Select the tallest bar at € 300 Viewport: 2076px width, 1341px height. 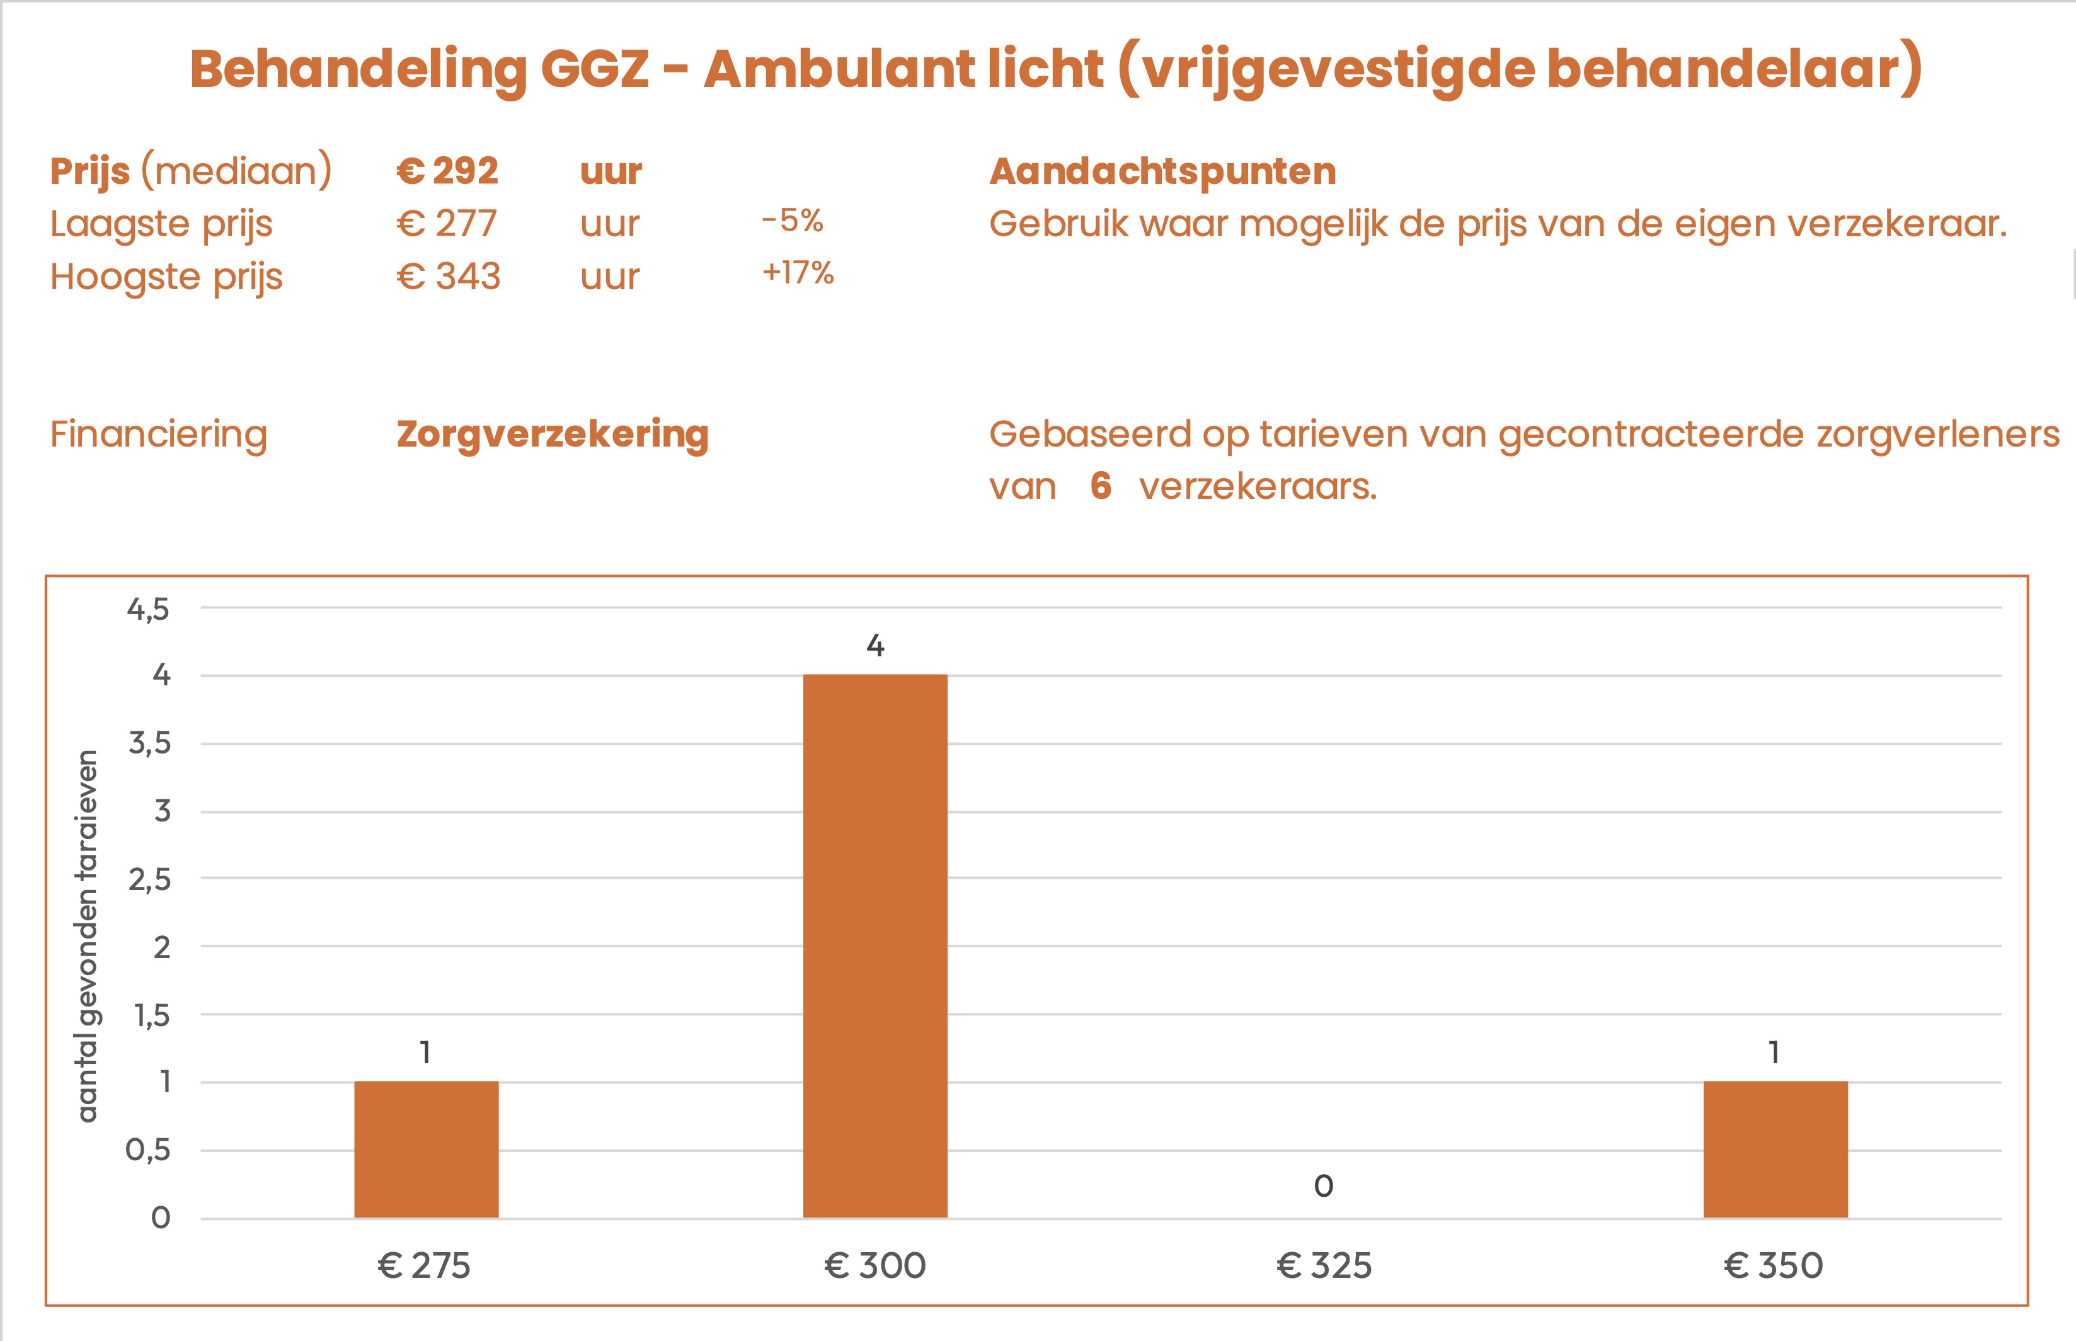tap(875, 945)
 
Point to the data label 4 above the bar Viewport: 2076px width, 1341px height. tap(875, 645)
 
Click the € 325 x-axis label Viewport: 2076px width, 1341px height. tap(1324, 1265)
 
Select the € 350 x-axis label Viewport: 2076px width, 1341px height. tap(1773, 1265)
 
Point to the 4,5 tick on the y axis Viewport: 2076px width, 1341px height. tap(148, 608)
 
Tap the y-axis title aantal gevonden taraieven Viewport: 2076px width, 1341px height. tap(88, 935)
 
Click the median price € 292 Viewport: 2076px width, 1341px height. tap(447, 171)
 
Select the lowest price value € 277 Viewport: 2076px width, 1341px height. tap(447, 224)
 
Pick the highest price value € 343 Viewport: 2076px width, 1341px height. tap(449, 277)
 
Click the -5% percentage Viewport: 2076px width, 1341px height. tap(791, 220)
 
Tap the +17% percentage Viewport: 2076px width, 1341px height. tap(798, 273)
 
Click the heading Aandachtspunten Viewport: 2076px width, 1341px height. tap(1162, 171)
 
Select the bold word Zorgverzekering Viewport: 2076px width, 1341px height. tap(552, 433)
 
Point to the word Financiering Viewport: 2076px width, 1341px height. tap(159, 433)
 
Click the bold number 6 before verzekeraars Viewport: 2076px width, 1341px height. tap(1101, 486)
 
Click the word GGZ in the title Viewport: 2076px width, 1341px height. tap(594, 68)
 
